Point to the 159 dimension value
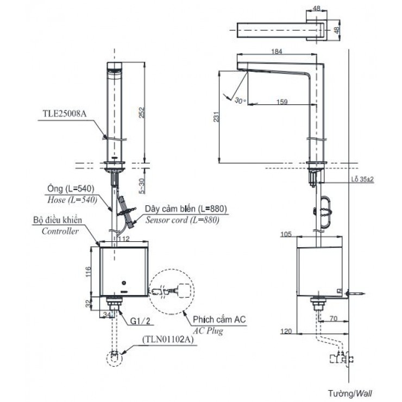click(x=281, y=100)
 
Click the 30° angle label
click(x=240, y=100)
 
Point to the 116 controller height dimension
click(x=87, y=270)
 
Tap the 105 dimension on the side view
click(x=287, y=235)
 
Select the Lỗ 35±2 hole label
click(x=362, y=178)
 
